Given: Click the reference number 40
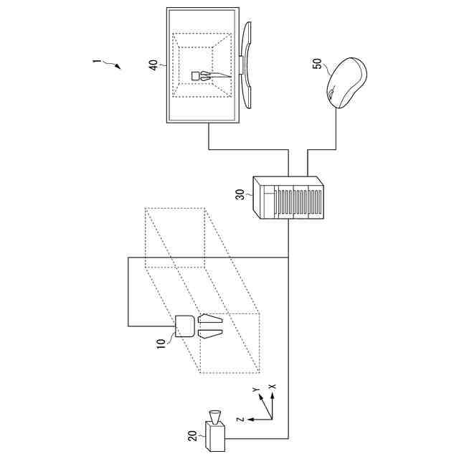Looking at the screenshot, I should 153,65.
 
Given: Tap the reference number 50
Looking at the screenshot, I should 317,65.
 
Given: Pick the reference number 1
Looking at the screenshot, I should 95,61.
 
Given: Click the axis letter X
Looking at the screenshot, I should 272,386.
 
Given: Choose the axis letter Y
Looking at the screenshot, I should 255,389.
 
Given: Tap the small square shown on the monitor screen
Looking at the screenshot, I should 196,75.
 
